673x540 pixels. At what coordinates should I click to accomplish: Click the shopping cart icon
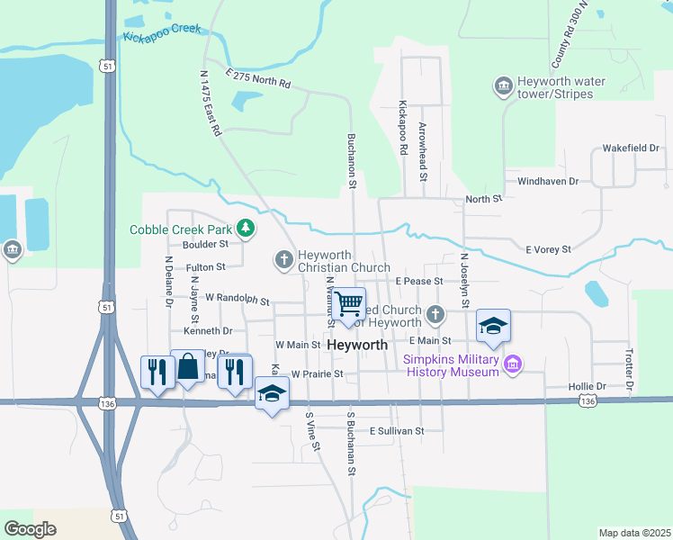point(348,302)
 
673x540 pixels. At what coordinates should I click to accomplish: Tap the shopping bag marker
point(187,366)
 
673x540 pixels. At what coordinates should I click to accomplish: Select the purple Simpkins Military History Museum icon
point(513,364)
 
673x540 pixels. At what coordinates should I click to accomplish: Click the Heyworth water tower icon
point(503,86)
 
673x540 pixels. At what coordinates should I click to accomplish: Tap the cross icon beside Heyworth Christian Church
point(283,261)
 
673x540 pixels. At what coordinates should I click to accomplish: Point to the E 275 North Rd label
point(258,79)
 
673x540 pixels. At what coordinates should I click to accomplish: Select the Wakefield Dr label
point(631,148)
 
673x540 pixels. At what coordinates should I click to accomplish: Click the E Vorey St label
point(548,249)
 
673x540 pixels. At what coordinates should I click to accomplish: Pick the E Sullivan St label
point(395,431)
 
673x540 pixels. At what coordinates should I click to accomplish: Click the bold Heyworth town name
point(357,346)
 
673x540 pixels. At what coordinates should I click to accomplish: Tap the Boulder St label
point(205,244)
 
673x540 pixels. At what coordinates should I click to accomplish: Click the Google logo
point(31,529)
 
